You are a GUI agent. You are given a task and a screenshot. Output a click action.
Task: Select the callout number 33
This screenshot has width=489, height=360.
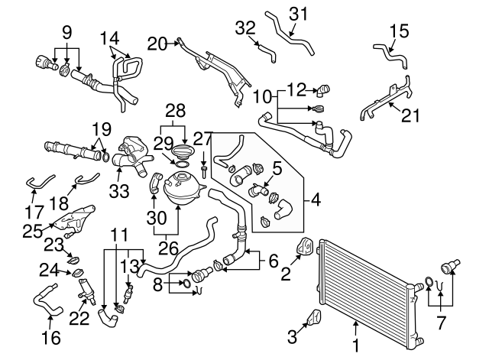tap(119, 191)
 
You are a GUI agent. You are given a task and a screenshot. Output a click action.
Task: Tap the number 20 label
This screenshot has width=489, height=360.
tap(157, 44)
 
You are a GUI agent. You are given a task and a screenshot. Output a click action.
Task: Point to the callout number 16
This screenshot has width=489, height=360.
tap(51, 338)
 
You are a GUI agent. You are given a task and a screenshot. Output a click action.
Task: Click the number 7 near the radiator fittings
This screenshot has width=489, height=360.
tap(440, 323)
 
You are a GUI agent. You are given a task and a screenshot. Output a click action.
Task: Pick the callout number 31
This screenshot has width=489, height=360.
tap(298, 14)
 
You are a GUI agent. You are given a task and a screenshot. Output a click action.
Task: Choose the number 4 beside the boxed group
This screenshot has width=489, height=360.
tap(316, 199)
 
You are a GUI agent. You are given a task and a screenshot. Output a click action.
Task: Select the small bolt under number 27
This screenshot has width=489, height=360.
tap(205, 172)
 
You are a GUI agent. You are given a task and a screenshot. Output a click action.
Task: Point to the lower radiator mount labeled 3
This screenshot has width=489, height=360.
tap(314, 318)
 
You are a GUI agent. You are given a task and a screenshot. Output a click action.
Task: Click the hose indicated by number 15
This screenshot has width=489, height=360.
tap(391, 56)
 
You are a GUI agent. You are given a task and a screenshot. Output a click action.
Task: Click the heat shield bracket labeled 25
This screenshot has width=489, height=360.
tap(74, 220)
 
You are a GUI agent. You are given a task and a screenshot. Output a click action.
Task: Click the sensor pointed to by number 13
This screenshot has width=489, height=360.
tap(128, 294)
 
